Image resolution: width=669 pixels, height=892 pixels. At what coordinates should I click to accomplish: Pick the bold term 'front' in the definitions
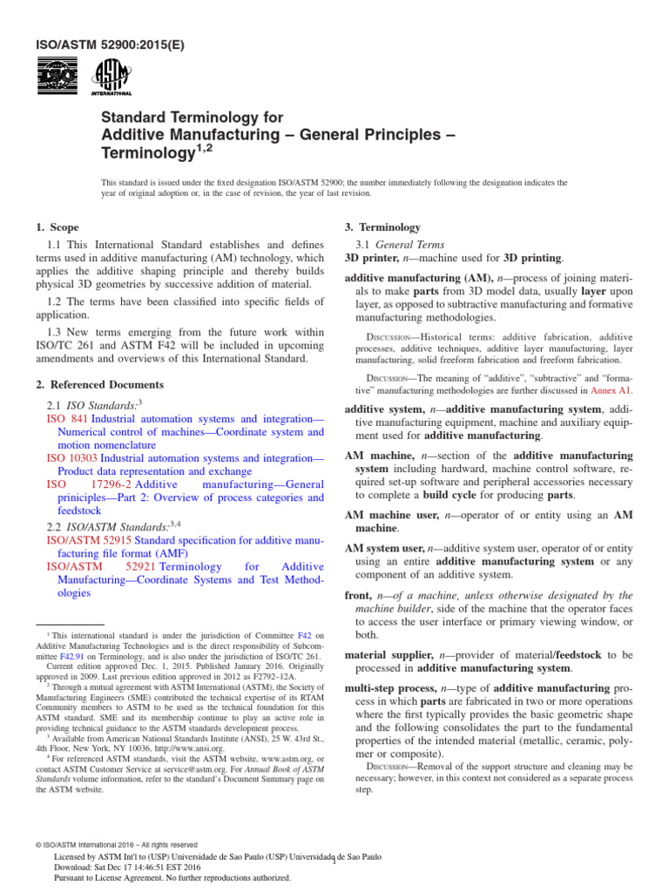tap(361, 596)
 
